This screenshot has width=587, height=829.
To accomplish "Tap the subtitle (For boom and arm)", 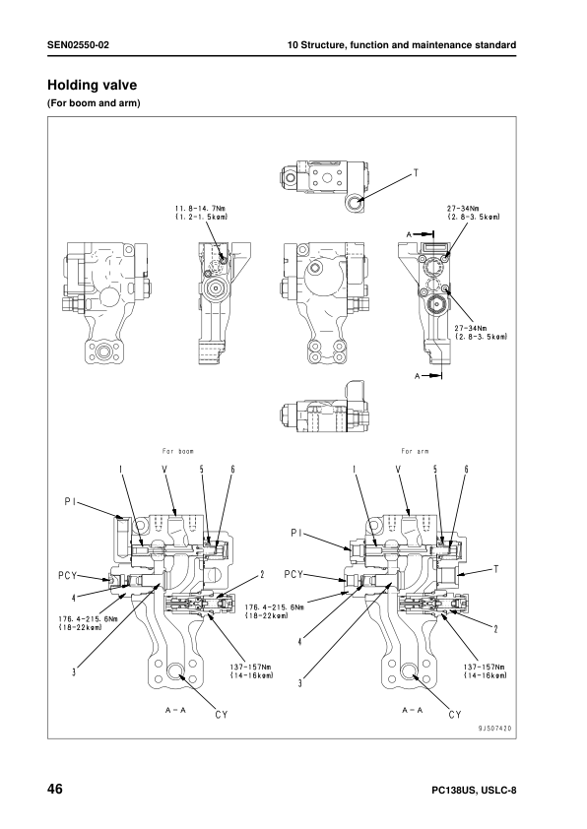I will pos(90,102).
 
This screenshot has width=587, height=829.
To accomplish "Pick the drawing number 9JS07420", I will pos(495,728).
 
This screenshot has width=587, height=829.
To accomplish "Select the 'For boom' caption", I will pos(178,451).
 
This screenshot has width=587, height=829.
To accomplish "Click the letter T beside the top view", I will pos(415,173).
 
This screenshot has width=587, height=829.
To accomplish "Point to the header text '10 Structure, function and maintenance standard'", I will pos(401,45).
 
